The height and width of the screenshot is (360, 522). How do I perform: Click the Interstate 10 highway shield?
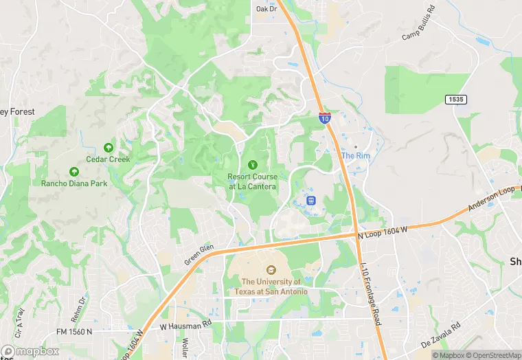(x=325, y=118)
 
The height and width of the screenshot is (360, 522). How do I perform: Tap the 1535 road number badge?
(x=455, y=100)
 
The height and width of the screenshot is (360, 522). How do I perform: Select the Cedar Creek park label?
(x=108, y=159)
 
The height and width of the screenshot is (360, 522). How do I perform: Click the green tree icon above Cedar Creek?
(x=108, y=147)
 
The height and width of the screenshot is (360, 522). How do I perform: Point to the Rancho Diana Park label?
(x=73, y=183)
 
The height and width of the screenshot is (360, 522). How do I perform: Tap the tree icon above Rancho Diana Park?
(x=73, y=172)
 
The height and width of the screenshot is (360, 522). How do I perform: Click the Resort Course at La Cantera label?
(x=253, y=181)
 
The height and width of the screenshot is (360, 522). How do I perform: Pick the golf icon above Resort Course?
(x=253, y=164)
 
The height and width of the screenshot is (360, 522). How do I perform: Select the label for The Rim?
(x=356, y=156)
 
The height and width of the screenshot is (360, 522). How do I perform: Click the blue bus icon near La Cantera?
(x=310, y=201)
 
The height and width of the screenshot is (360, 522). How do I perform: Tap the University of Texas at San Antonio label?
(x=271, y=286)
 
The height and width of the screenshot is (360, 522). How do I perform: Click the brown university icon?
(x=271, y=270)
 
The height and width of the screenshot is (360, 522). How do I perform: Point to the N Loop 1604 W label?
(x=383, y=232)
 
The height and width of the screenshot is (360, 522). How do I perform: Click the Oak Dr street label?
(x=266, y=9)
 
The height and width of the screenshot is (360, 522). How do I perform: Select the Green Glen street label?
(x=199, y=256)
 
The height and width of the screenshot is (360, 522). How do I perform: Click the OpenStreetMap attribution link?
(x=492, y=355)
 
